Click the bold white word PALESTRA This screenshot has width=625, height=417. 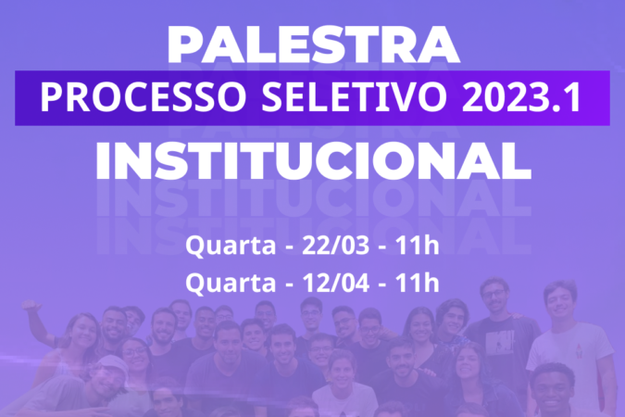coord(314,44)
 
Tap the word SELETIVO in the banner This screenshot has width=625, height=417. coord(354,98)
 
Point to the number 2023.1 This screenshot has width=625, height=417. coord(520,98)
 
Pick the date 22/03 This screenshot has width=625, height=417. coord(335,246)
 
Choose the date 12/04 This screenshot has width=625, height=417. coord(335,283)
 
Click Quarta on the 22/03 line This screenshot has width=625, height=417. coord(231,246)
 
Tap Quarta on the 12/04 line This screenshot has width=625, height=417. coord(231,284)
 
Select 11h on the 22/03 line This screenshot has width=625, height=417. coord(417,246)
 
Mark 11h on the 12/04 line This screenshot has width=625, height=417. coord(417,283)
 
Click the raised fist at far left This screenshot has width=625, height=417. coord(31,305)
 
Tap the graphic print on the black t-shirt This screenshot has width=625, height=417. coord(499,342)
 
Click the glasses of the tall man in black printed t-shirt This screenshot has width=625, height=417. coord(494,295)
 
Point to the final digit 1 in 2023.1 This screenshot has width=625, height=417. coord(573,98)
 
